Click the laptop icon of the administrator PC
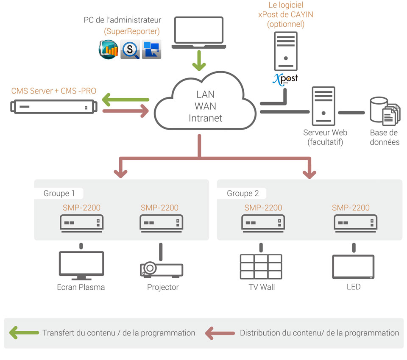pyautogui.click(x=198, y=31)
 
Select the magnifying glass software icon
pyautogui.click(x=130, y=50)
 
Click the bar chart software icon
pyautogui.click(x=108, y=50)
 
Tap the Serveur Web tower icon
pyautogui.click(x=323, y=106)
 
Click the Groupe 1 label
pyautogui.click(x=59, y=194)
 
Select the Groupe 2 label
pyautogui.click(x=243, y=194)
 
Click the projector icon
pyautogui.click(x=161, y=269)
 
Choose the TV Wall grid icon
pyautogui.click(x=261, y=266)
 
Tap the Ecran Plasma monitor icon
pyautogui.click(x=81, y=266)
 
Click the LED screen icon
pyautogui.click(x=353, y=266)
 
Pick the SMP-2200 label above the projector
pyautogui.click(x=159, y=208)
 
